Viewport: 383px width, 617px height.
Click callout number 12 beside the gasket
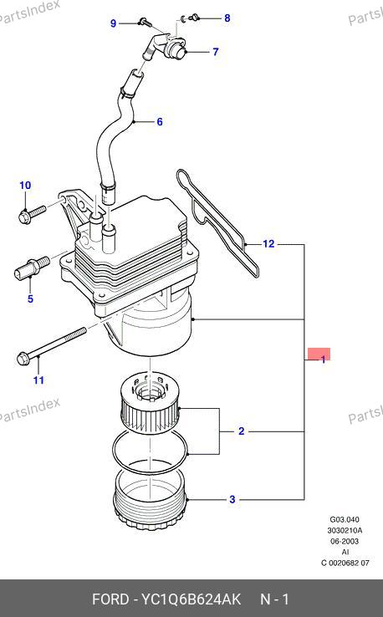click(x=268, y=244)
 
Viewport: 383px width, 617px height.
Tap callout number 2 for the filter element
click(x=242, y=431)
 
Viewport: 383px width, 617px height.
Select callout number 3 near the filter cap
click(x=232, y=499)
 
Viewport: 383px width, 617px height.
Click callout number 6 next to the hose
click(x=160, y=121)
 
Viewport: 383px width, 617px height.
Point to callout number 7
click(x=215, y=52)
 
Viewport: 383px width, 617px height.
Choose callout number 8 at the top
click(x=227, y=18)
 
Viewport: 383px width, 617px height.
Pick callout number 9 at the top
click(x=114, y=23)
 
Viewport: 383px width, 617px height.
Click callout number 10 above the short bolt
click(x=25, y=185)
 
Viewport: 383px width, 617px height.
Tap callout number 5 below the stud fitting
click(x=30, y=298)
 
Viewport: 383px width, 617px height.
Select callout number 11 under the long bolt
click(x=38, y=380)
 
